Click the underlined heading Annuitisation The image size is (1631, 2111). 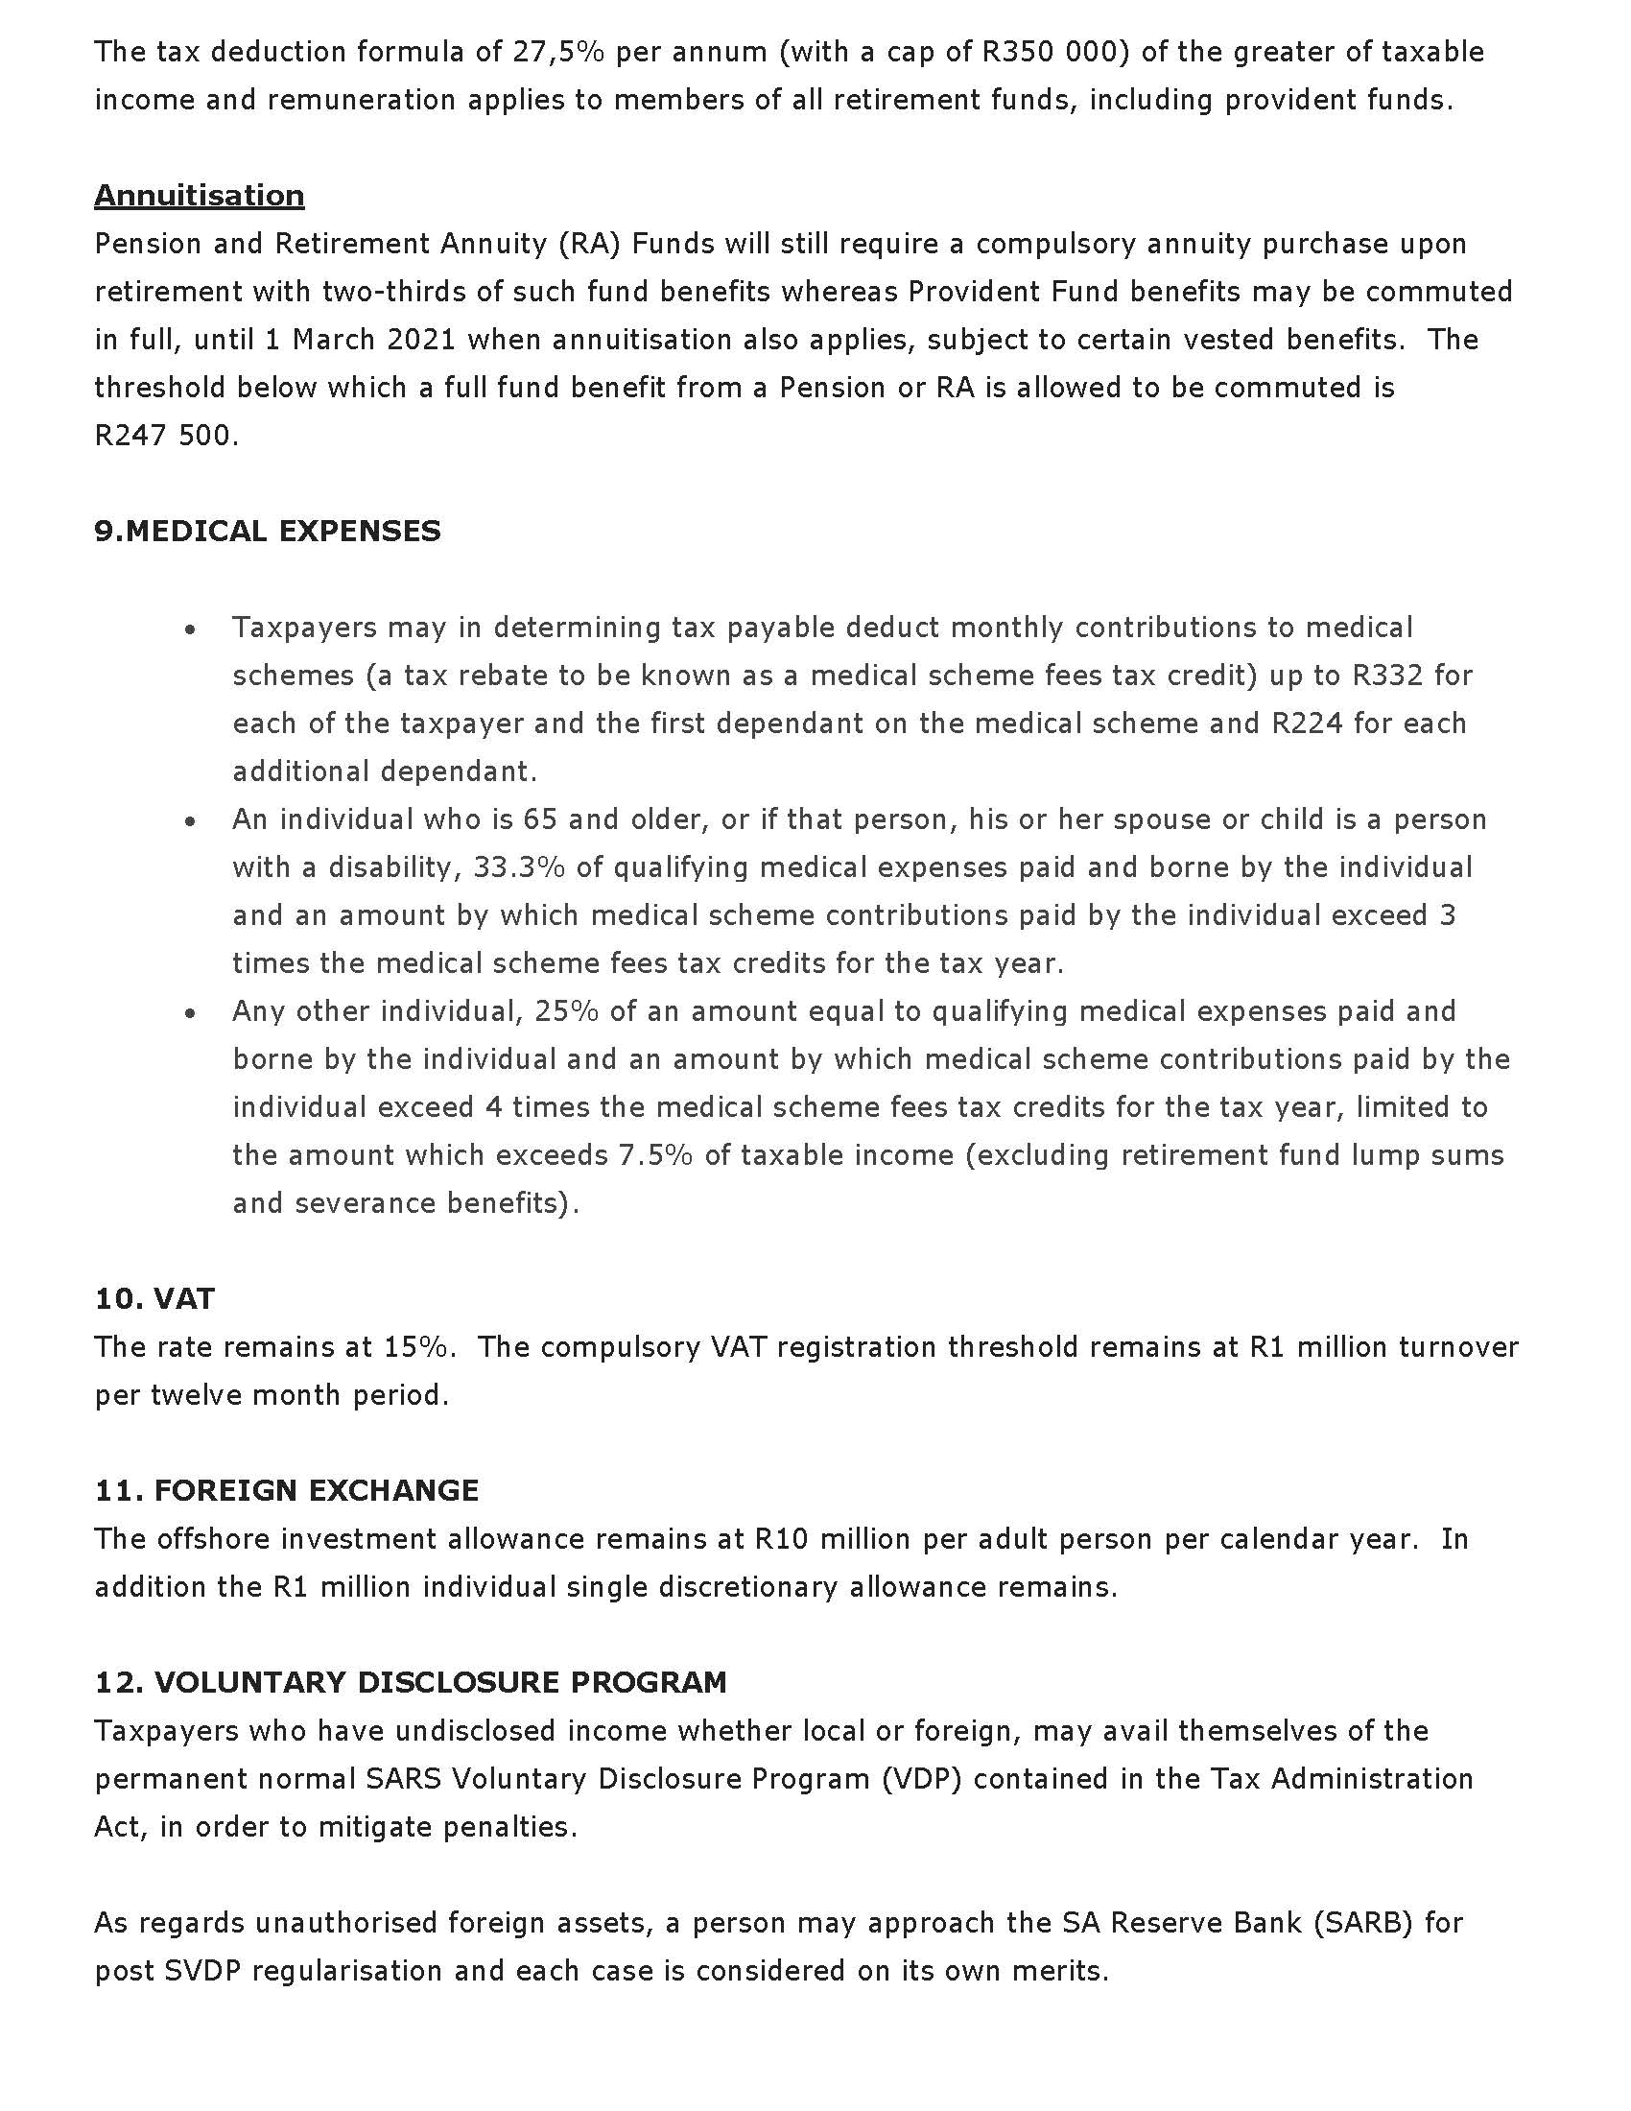click(x=199, y=195)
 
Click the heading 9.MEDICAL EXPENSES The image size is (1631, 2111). click(x=268, y=532)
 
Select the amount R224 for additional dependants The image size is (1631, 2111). click(x=1308, y=723)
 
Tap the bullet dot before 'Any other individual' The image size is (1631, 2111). click(x=191, y=1013)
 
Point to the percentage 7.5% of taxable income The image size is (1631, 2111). click(x=655, y=1155)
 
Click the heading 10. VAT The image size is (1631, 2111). click(x=154, y=1298)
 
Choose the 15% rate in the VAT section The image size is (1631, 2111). click(x=415, y=1346)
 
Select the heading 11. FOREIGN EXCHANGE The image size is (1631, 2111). click(x=286, y=1490)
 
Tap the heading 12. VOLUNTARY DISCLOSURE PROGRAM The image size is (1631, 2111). click(x=411, y=1682)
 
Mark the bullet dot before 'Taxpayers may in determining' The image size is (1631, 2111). click(x=191, y=629)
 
